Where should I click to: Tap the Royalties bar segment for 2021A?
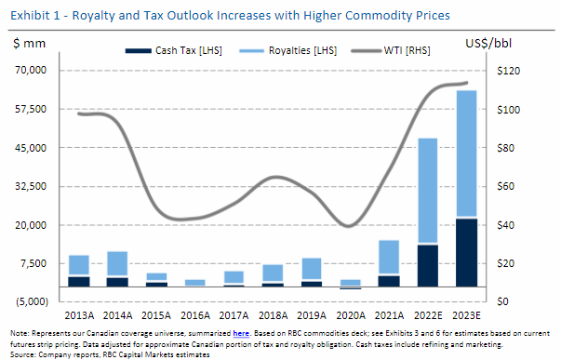click(388, 257)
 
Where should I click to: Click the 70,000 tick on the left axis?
click(35, 71)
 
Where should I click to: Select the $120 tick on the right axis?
click(516, 71)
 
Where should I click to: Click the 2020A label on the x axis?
click(349, 314)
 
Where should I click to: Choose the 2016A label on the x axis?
click(195, 314)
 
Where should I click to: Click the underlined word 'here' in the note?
click(240, 332)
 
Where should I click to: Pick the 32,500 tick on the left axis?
click(35, 186)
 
